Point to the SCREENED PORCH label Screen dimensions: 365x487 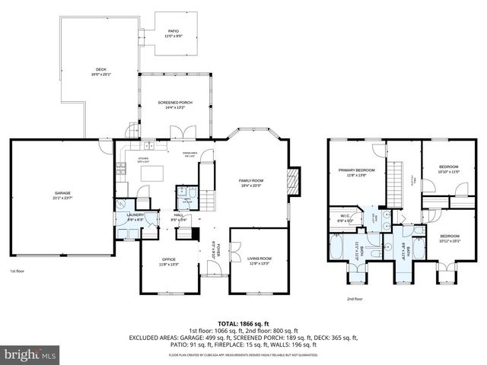coord(175,104)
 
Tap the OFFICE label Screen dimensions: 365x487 coord(168,262)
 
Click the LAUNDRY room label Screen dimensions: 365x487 coord(135,217)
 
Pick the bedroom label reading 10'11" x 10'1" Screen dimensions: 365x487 coord(450,240)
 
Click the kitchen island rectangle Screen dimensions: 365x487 coord(153,174)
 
